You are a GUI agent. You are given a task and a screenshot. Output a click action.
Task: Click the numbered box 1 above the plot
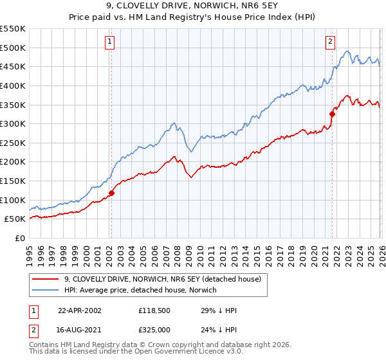tap(110, 42)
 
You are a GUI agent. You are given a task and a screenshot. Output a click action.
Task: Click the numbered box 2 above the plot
tap(330, 42)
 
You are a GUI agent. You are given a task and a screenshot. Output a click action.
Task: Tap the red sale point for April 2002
tap(111, 192)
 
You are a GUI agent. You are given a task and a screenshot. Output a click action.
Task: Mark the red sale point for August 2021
tap(333, 114)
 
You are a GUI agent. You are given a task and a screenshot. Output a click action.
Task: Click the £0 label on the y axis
tap(20, 238)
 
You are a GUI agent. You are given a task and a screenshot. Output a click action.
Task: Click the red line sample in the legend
tap(45, 280)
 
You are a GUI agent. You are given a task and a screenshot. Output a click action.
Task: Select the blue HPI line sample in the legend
tap(45, 291)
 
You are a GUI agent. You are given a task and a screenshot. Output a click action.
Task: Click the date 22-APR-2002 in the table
tap(80, 310)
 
